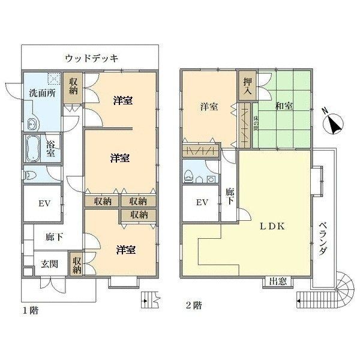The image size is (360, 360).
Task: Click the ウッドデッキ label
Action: tap(91, 58)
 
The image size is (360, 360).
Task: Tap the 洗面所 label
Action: tap(42, 93)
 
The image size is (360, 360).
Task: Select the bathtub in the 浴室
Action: tap(32, 148)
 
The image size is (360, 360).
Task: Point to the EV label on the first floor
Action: tap(44, 203)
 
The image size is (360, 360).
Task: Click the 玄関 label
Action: tap(49, 264)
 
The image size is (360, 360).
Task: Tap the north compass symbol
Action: tap(333, 122)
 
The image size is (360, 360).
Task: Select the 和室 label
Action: tap(284, 106)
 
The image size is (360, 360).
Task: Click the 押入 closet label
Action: tap(247, 86)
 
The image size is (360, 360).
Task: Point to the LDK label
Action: tap(272, 227)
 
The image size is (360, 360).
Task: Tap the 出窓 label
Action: tap(278, 281)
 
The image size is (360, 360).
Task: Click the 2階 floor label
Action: tap(194, 305)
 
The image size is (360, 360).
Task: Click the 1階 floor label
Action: tap(31, 311)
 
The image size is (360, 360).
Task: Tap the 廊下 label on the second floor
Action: tap(229, 197)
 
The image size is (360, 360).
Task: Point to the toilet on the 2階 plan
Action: tap(188, 176)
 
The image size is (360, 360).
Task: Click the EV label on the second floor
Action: tap(202, 203)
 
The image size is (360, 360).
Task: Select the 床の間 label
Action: tap(256, 123)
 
